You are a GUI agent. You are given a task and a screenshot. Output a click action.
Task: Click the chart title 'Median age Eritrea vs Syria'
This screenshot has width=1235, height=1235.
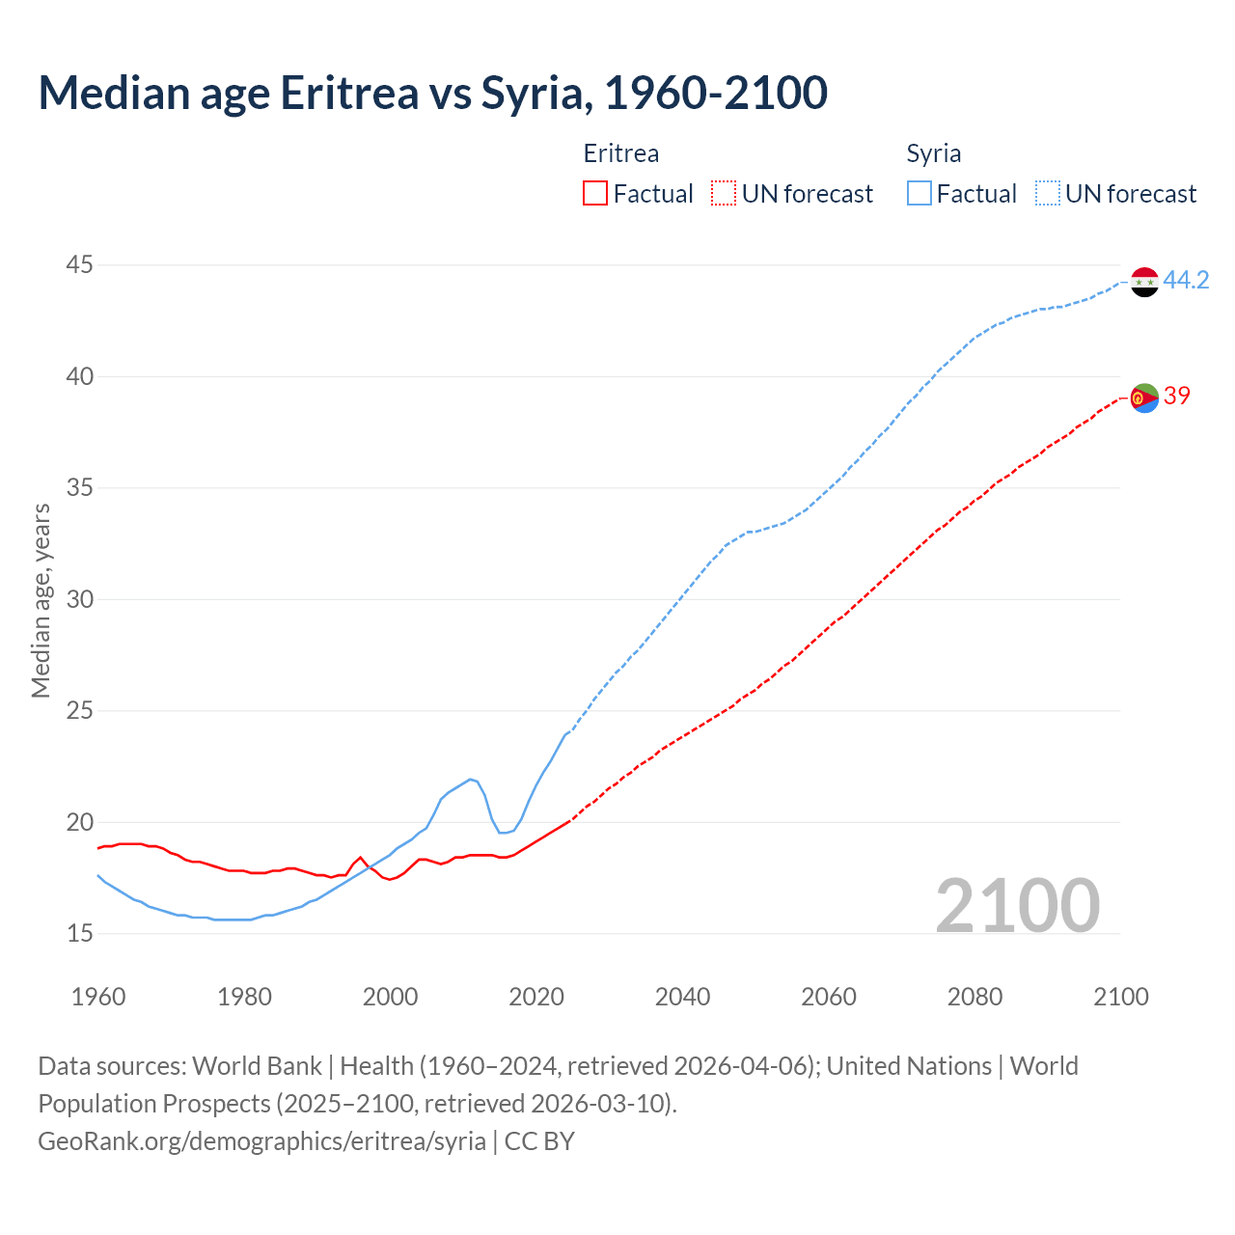[432, 93]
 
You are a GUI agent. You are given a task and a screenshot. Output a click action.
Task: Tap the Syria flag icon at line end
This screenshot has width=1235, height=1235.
[1144, 282]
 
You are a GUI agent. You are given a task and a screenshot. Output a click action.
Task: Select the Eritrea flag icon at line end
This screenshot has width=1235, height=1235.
[1144, 397]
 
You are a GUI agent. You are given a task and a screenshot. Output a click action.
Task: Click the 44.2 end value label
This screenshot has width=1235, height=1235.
[1186, 281]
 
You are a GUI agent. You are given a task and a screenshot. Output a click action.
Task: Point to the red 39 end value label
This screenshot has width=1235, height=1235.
[1176, 396]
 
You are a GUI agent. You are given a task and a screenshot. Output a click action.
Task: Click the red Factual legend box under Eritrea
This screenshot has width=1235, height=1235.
[595, 194]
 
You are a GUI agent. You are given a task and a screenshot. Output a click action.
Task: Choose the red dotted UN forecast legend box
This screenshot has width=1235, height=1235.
[724, 194]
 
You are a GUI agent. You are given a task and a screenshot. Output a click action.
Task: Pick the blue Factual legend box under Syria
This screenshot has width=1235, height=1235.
[919, 194]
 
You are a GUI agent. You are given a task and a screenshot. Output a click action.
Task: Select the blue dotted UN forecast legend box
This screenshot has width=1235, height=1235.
[1048, 194]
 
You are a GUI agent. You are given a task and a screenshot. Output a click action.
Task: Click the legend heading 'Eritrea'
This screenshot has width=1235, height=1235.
[621, 153]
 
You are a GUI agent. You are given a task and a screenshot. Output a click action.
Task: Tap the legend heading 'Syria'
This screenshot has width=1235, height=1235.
[933, 153]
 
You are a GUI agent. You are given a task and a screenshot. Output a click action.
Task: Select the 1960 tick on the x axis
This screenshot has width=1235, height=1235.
[98, 997]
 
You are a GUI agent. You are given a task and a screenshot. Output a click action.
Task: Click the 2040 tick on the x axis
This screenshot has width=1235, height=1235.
[682, 997]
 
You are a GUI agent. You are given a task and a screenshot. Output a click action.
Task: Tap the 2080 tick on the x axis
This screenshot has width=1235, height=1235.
[974, 997]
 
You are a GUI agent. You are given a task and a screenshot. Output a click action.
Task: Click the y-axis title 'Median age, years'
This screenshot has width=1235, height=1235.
[41, 600]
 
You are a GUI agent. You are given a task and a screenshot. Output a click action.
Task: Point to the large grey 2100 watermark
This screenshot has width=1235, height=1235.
[1017, 905]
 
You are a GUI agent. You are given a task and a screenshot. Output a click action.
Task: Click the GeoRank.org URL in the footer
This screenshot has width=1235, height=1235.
[261, 1141]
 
